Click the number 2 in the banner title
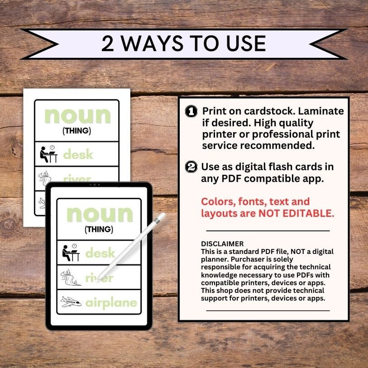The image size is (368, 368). tap(107, 44)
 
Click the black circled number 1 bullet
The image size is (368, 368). tap(190, 111)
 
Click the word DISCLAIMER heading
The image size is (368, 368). tap(222, 244)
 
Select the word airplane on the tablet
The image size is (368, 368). tap(111, 303)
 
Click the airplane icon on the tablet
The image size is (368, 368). tap(71, 302)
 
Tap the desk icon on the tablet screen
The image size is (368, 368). tap(71, 253)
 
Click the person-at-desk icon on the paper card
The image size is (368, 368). tap(49, 154)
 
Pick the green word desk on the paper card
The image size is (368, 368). tap(78, 154)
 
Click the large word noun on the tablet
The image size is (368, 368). tap(99, 214)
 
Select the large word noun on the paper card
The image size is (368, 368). tap(77, 115)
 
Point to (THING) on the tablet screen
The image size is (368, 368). tap(99, 229)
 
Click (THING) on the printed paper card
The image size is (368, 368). tap(77, 131)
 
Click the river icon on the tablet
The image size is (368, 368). tap(71, 278)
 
